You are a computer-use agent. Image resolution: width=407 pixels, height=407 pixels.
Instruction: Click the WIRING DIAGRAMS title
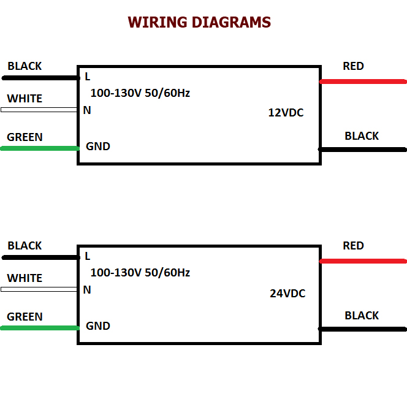tap(199, 22)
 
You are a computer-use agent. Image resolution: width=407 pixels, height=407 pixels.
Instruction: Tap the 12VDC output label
tap(286, 113)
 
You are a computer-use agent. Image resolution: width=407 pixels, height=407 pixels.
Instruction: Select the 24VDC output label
tap(287, 294)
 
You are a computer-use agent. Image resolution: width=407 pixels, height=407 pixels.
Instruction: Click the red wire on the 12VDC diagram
tap(363, 82)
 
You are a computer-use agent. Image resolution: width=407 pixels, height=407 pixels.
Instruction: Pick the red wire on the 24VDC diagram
tap(363, 261)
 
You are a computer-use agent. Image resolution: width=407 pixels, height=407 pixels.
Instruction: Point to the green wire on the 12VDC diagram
tap(40, 148)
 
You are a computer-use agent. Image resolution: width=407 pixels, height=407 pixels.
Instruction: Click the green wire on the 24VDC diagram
tap(40, 328)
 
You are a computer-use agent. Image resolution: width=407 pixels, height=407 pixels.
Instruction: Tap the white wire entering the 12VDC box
tap(39, 110)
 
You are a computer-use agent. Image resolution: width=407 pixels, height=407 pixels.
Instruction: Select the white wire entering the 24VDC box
tap(39, 289)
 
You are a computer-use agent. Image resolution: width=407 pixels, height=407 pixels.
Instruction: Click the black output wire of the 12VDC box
tap(362, 150)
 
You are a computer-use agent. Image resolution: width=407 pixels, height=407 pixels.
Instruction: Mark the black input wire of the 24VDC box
tap(40, 257)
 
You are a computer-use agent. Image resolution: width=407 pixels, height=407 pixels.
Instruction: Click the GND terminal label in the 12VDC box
tap(98, 146)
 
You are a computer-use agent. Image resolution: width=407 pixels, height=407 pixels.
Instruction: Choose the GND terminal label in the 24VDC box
tap(98, 326)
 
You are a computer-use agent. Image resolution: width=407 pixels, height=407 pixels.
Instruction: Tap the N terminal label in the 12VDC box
tap(87, 110)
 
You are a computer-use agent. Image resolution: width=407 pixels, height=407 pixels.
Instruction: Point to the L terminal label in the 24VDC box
tap(88, 256)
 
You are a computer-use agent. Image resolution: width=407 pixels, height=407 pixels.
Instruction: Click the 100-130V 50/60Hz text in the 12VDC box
tap(140, 93)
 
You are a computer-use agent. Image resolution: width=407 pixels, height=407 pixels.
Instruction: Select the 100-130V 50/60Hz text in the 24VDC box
tap(140, 273)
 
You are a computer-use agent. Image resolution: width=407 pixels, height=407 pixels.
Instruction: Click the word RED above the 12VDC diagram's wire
tap(353, 66)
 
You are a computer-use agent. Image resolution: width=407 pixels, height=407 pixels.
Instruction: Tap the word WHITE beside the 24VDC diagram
tap(25, 278)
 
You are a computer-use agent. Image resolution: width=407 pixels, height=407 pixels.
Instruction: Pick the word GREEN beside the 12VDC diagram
tap(25, 137)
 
